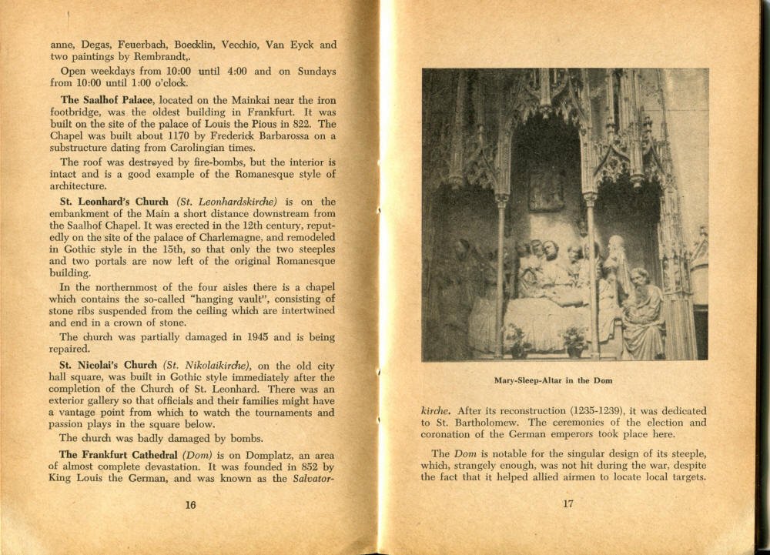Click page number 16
(190, 505)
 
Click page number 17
(567, 505)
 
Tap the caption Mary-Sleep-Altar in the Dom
(554, 380)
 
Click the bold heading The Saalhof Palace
(106, 100)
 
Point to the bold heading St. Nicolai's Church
(108, 364)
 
